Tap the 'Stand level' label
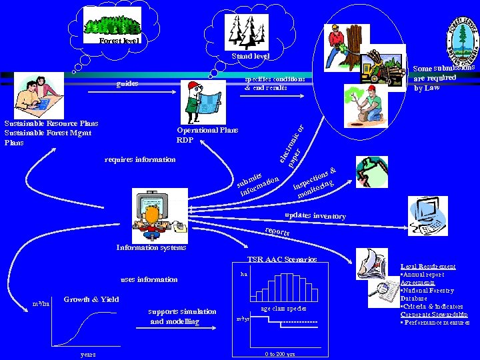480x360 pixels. [250, 57]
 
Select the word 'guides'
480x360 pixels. [127, 83]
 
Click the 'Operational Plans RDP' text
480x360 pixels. [207, 135]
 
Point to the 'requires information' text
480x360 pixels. [140, 159]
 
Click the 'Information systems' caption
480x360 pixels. [151, 247]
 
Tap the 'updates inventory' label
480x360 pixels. [315, 216]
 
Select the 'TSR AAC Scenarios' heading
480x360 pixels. [281, 259]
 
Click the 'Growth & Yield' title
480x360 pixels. [91, 299]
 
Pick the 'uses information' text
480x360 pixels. [149, 279]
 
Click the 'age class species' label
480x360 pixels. [283, 309]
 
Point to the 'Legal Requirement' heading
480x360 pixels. [428, 267]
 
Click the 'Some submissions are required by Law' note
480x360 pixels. [443, 77]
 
